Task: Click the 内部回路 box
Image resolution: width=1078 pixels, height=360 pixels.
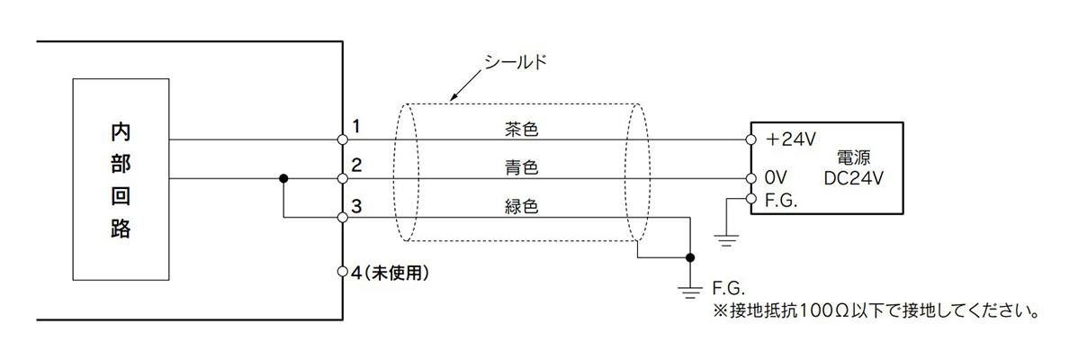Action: click(x=120, y=180)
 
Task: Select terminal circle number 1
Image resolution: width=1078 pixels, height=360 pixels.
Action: click(x=342, y=139)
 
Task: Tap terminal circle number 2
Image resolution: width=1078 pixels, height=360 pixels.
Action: click(x=342, y=178)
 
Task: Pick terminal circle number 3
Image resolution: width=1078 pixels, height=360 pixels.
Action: click(x=342, y=218)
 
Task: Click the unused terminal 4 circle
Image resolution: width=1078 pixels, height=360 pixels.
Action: click(x=342, y=271)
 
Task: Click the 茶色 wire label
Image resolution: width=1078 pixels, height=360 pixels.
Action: click(x=521, y=129)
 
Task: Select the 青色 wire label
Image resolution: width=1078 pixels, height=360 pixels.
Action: click(x=521, y=167)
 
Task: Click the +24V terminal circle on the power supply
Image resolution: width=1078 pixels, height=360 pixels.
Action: click(x=750, y=139)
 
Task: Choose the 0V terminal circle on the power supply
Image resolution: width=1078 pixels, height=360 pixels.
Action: click(x=750, y=178)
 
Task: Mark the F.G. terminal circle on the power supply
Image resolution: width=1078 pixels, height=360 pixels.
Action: click(x=750, y=197)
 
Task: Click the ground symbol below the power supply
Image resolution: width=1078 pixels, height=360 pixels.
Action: click(x=725, y=239)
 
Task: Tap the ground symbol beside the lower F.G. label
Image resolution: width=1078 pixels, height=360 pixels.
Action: click(x=690, y=291)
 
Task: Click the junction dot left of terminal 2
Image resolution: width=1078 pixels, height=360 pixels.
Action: click(x=283, y=178)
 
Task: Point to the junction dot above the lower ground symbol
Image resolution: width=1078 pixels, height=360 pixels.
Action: click(x=690, y=257)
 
